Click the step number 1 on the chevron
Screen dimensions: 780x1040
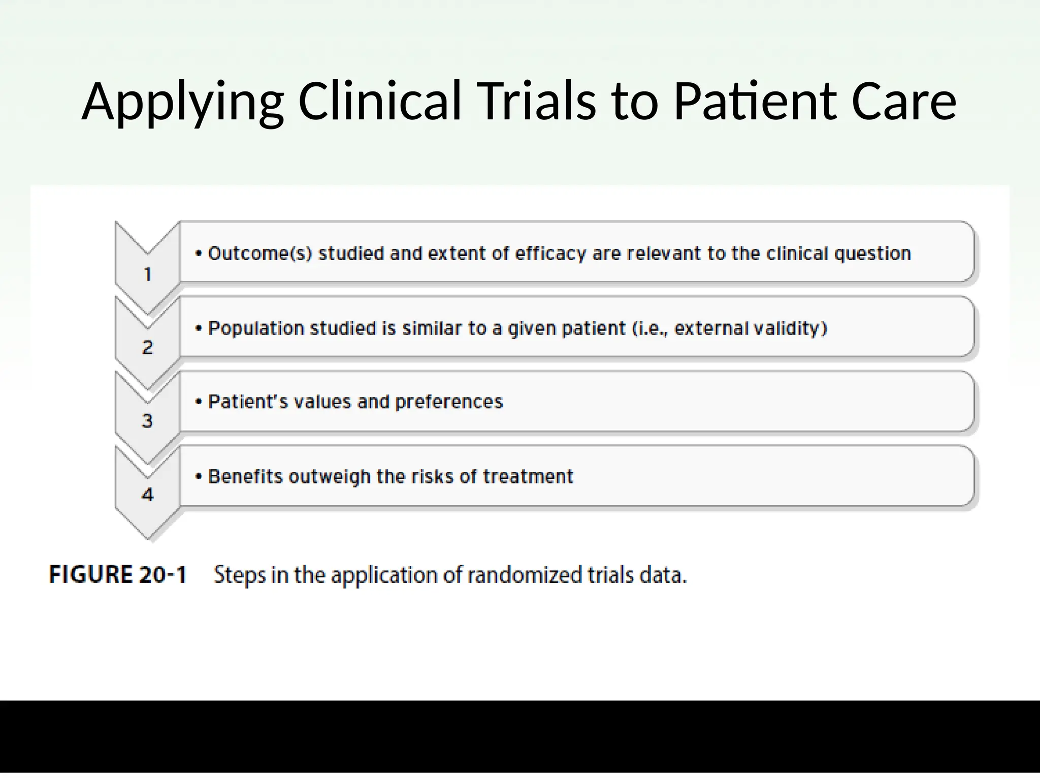[148, 274]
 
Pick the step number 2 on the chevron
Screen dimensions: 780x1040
[147, 348]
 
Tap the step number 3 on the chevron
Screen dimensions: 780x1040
[147, 421]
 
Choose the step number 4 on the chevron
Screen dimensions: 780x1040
[147, 495]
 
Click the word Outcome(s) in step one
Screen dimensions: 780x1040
[260, 253]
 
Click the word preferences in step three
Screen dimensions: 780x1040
[449, 402]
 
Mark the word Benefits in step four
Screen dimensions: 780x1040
[245, 477]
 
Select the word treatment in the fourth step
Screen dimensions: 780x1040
[528, 477]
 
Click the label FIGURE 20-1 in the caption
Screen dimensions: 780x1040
[118, 575]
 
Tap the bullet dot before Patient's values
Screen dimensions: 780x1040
[199, 402]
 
